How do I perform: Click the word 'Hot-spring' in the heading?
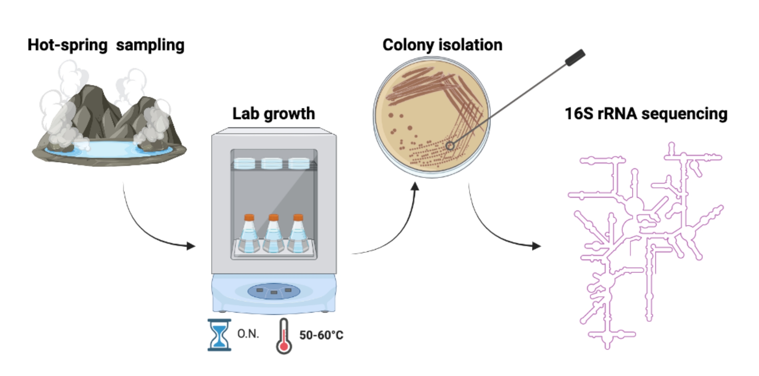[x=67, y=45]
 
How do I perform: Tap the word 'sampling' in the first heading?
[x=150, y=45]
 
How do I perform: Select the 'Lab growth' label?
[x=274, y=113]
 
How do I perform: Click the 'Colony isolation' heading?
[x=442, y=45]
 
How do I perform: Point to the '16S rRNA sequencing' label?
[x=646, y=113]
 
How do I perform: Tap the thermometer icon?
[x=284, y=336]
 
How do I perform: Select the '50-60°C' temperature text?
[x=321, y=335]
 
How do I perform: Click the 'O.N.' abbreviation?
[x=248, y=334]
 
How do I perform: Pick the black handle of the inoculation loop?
[x=575, y=58]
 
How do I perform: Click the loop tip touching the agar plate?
[x=450, y=146]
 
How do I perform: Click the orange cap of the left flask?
[x=249, y=217]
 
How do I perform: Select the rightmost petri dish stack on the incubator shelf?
[x=299, y=163]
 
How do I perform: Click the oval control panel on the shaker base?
[x=274, y=291]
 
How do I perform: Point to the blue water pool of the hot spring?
[x=108, y=149]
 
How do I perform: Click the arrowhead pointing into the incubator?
[x=191, y=246]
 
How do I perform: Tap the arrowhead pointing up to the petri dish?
[x=415, y=186]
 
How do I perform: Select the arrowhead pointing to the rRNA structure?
[x=536, y=246]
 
